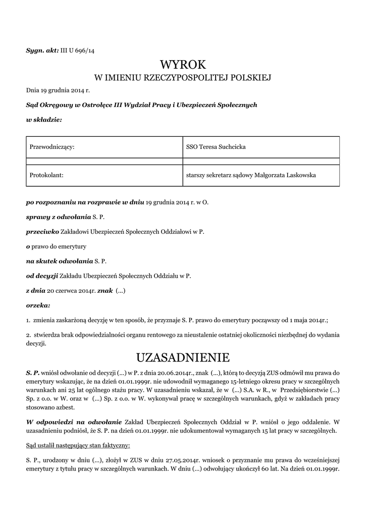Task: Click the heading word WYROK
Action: [183, 65]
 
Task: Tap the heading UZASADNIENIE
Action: [183, 357]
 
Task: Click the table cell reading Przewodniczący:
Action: [53, 147]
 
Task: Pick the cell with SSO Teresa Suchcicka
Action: [216, 147]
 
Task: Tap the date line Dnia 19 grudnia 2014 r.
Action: [58, 91]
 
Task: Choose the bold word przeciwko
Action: [42, 232]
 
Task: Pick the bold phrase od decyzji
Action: [42, 276]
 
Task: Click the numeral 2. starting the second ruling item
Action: [28, 335]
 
